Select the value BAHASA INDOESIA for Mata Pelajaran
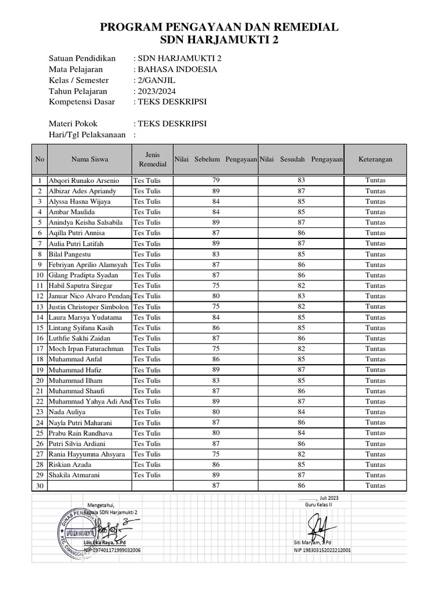pyautogui.click(x=177, y=69)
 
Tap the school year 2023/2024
pyautogui.click(x=156, y=91)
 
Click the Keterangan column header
pyautogui.click(x=376, y=159)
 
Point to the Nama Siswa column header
pyautogui.click(x=89, y=159)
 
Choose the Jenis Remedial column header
pyautogui.click(x=153, y=159)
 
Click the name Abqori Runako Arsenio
pyautogui.click(x=84, y=180)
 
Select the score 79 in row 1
pyautogui.click(x=216, y=180)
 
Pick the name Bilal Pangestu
pyautogui.click(x=70, y=254)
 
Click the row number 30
pyautogui.click(x=40, y=486)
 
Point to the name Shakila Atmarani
pyautogui.click(x=74, y=475)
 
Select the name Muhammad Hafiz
pyautogui.click(x=72, y=370)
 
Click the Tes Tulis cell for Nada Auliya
pyautogui.click(x=147, y=412)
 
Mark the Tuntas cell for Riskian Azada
pyautogui.click(x=376, y=465)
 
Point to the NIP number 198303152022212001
pyautogui.click(x=322, y=550)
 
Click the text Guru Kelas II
pyautogui.click(x=319, y=504)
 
